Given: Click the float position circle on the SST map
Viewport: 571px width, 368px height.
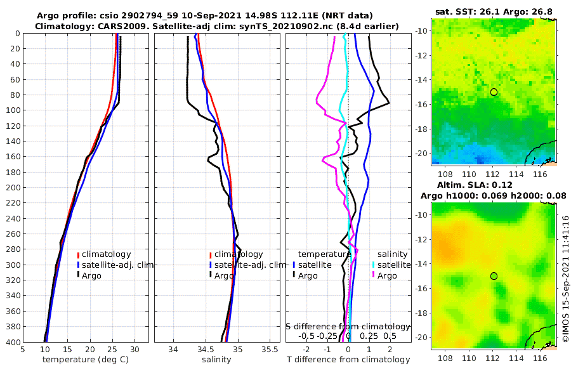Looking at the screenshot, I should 494,92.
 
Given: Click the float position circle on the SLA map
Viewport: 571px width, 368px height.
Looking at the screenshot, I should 494,276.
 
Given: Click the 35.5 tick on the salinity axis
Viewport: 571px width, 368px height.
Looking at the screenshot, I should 270,349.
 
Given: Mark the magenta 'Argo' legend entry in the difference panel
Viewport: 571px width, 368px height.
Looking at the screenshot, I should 386,275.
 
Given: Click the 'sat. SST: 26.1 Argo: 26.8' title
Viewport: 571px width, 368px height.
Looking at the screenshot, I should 493,12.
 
